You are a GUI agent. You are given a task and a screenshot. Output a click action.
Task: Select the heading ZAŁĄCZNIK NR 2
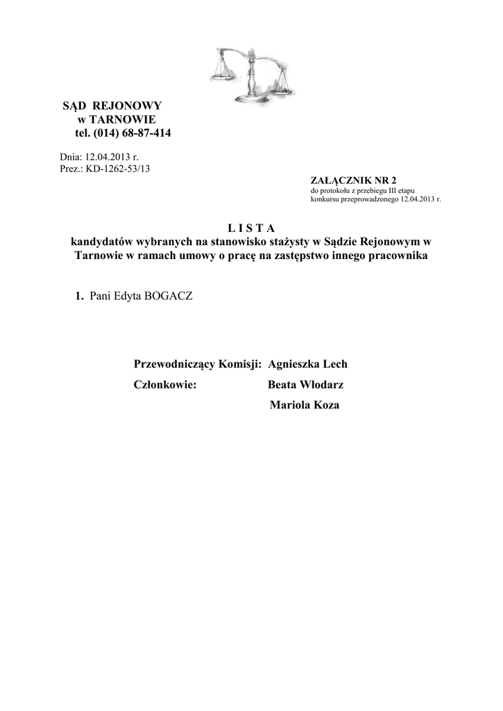point(346,181)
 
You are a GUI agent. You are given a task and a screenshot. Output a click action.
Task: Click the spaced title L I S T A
point(251,228)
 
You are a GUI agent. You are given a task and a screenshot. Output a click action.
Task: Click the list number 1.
point(80,296)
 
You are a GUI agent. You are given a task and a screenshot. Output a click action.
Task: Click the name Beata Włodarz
point(305,385)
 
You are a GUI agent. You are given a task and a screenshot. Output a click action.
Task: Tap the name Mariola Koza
point(304,405)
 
